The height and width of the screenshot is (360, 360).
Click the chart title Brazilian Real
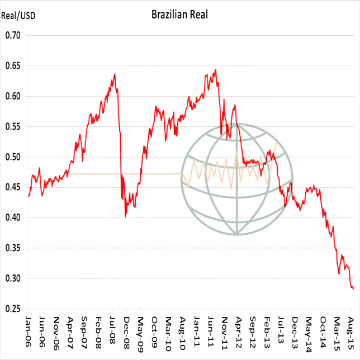pos(179,15)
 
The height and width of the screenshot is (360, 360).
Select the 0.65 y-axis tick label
pos(12,66)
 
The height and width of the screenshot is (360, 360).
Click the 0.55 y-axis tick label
pos(12,127)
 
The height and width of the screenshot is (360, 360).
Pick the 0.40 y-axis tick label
pos(12,217)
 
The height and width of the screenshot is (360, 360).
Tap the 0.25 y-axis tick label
pos(12,309)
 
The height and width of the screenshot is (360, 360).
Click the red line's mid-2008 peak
pos(115,74)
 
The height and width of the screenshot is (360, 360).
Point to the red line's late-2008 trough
pos(125,216)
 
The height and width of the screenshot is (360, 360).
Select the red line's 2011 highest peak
pos(216,70)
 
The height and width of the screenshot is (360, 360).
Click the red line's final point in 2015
pos(354,289)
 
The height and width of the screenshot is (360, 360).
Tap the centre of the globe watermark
pos(237,179)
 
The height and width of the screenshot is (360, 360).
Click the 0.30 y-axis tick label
pos(12,278)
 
